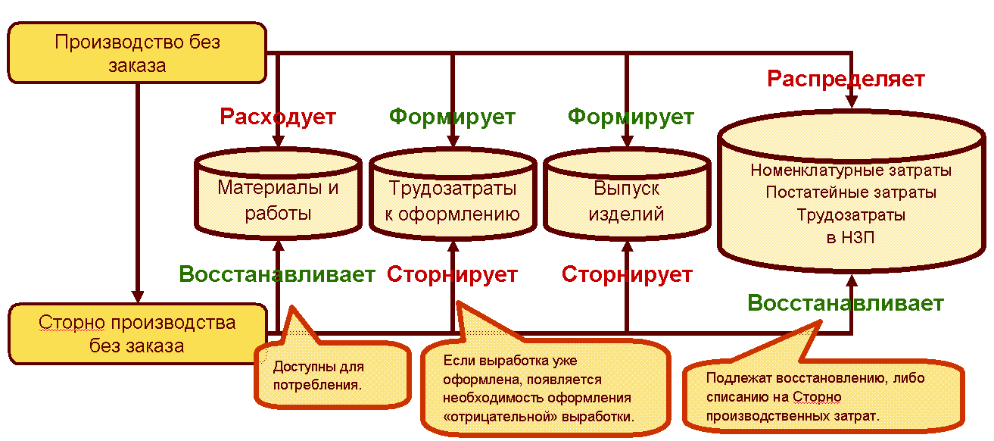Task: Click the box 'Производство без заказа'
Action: point(137,53)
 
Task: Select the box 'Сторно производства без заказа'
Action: point(137,334)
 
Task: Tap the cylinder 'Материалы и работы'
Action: point(278,199)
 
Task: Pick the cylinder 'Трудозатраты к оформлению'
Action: point(452,199)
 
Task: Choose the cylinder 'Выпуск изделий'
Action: point(626,199)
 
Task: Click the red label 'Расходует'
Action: point(278,117)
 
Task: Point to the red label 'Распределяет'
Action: point(846,79)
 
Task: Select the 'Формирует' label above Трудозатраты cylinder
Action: point(452,117)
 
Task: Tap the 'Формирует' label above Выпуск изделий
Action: point(631,117)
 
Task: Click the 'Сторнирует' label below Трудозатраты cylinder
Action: point(452,274)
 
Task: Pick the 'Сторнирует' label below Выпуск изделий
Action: point(627,274)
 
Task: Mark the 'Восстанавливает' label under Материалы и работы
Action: point(277,274)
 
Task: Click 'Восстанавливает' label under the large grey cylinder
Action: point(846,304)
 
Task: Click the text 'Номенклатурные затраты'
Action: point(851,170)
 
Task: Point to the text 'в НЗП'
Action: point(851,237)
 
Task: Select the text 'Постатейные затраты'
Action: point(851,192)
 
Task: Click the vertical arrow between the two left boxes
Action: point(138,189)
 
